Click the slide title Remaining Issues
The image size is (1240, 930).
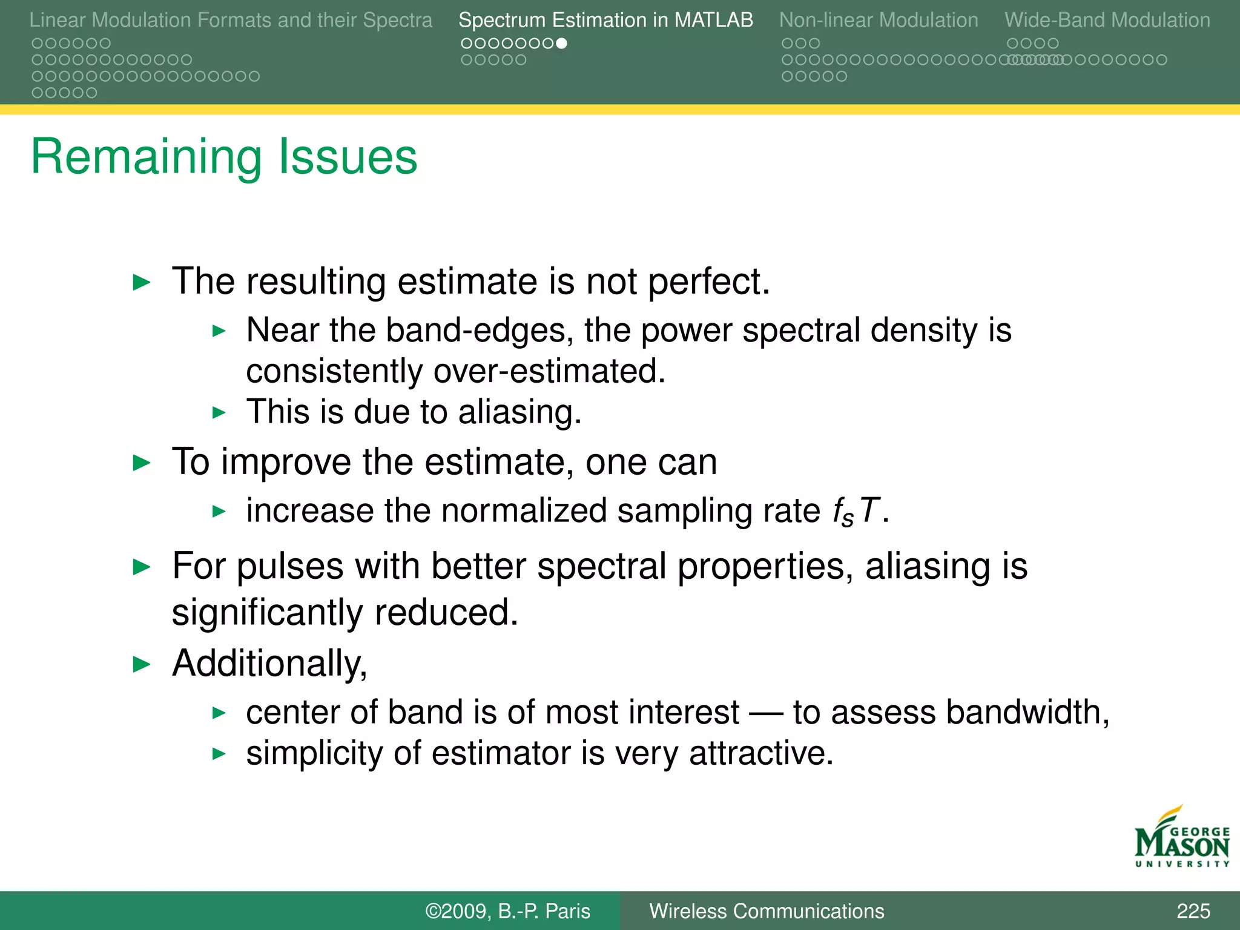pos(224,157)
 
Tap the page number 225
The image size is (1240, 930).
pos(1193,911)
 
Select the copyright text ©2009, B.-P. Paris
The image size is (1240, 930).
pos(507,911)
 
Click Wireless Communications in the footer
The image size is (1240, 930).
pos(767,911)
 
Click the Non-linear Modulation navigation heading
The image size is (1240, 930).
pos(878,21)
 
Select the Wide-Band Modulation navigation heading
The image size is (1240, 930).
pos(1107,21)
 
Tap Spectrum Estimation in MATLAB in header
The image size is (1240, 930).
pos(605,21)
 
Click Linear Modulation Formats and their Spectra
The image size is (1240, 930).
pos(231,21)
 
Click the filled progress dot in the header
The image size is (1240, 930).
pos(561,44)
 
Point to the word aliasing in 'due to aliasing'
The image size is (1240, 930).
pos(519,412)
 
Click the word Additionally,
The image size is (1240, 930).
pos(269,664)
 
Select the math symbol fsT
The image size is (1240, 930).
pos(855,512)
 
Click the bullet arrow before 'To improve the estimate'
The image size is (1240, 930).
pos(141,463)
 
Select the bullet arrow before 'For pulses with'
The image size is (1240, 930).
pos(141,567)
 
